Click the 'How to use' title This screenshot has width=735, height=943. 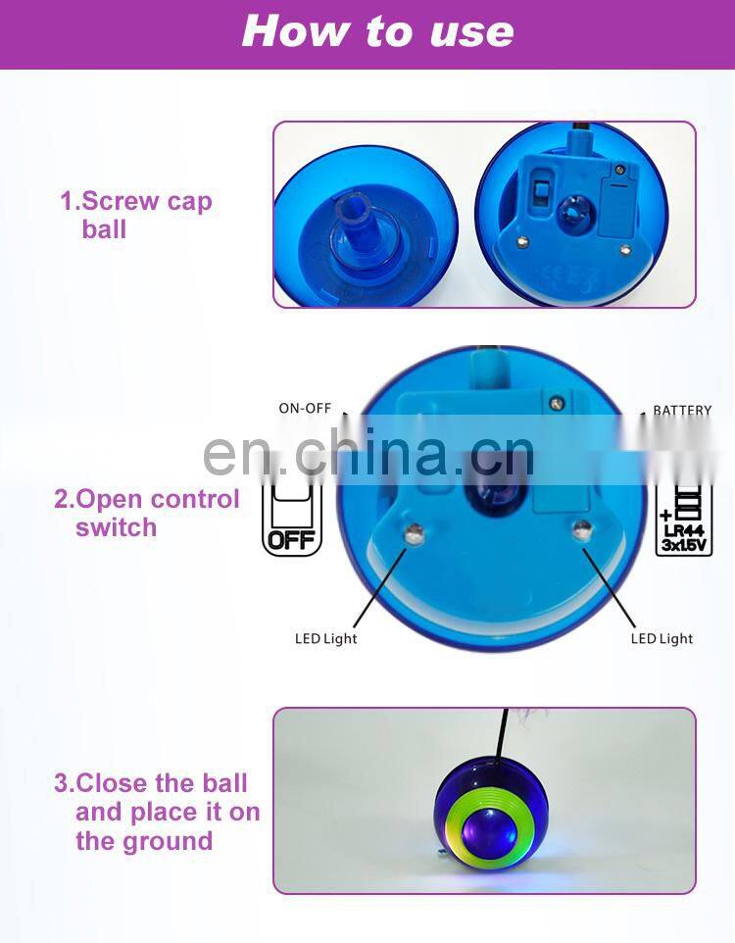[377, 31]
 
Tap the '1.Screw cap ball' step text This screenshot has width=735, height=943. [135, 216]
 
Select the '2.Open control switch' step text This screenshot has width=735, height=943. [147, 513]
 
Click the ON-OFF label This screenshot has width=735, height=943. [305, 408]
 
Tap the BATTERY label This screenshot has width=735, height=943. [681, 411]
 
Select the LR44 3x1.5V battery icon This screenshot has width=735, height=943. [683, 520]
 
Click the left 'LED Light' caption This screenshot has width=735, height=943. [326, 639]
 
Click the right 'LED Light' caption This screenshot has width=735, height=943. [661, 639]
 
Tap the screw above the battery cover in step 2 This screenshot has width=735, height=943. [556, 402]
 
